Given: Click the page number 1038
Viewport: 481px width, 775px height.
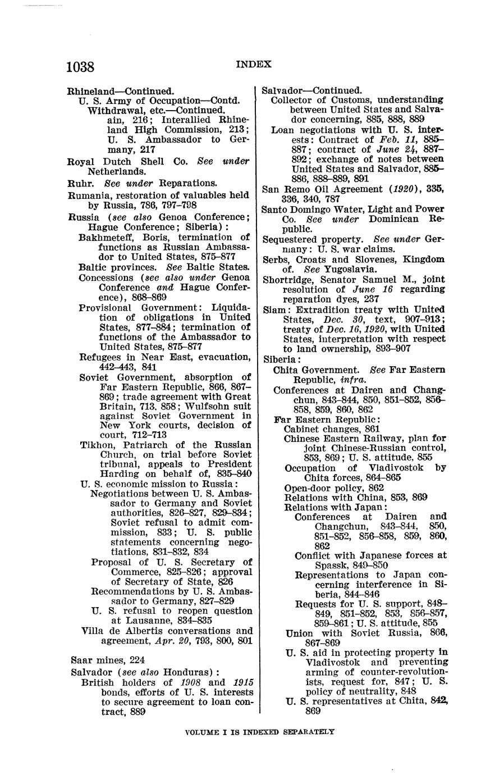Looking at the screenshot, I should pos(80,67).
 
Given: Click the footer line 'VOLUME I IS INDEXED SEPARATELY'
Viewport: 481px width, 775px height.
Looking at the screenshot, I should pos(259,731).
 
